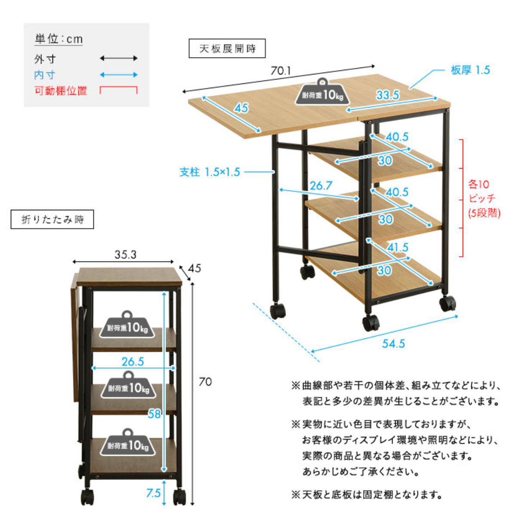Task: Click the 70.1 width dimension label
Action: coord(281,71)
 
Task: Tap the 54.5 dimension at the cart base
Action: coord(393,344)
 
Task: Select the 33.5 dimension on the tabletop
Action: coord(388,95)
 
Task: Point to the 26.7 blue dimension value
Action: coord(321,186)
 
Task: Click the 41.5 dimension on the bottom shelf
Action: coord(397,248)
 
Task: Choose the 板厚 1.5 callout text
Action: coord(470,70)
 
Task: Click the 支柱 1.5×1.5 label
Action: coord(209,172)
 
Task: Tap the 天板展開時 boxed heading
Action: coord(227,49)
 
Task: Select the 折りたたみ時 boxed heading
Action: coord(52,220)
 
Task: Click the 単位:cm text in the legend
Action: coord(58,39)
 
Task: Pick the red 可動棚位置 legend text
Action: coord(61,91)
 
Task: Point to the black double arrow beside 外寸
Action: coord(119,58)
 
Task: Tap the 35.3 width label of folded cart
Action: coord(125,255)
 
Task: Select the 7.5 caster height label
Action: coord(153,493)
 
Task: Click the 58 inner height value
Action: coord(154,414)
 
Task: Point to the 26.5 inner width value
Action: coord(132,362)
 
